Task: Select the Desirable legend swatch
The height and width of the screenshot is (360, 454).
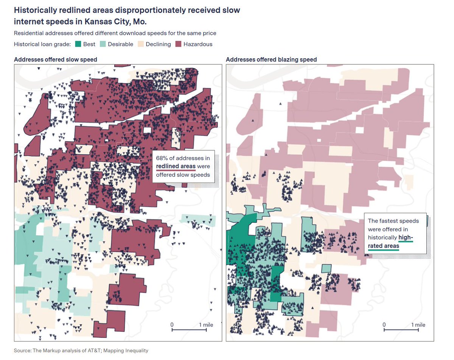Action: tap(103, 44)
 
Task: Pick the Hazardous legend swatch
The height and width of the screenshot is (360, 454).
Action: tap(178, 44)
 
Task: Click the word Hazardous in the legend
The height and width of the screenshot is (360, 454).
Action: tap(198, 44)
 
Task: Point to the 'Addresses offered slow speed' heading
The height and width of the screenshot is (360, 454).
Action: tap(56, 59)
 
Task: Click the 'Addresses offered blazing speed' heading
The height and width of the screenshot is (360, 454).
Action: tap(271, 59)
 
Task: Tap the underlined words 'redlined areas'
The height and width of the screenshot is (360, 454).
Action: tap(176, 166)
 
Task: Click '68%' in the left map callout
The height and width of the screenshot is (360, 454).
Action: tap(162, 158)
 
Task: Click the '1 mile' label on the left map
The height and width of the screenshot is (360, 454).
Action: tap(206, 325)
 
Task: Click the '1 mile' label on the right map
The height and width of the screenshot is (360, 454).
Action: tap(418, 325)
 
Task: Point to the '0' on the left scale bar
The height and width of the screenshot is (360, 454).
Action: tap(172, 325)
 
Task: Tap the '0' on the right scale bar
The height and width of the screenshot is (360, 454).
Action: tap(384, 325)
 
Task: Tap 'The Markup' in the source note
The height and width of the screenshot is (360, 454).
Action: tap(45, 351)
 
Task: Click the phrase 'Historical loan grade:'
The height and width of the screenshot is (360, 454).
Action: tap(42, 44)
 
